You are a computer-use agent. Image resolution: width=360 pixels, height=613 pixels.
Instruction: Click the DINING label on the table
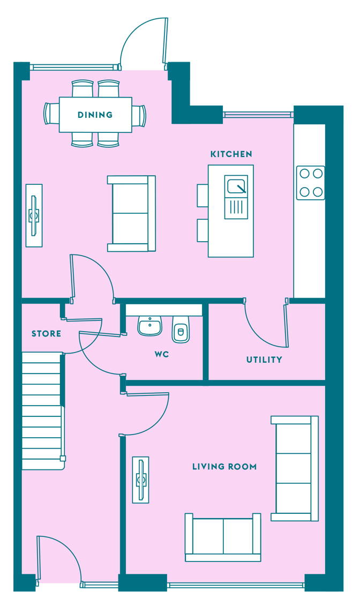point(95,115)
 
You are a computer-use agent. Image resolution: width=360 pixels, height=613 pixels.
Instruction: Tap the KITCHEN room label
point(231,154)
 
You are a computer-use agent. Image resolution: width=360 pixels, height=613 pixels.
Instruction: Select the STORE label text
point(46,333)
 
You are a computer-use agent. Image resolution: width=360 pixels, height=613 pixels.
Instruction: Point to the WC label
point(161,354)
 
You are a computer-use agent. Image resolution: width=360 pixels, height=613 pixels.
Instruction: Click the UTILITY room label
point(264,360)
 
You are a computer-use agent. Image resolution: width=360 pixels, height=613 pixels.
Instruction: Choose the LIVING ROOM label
point(224,466)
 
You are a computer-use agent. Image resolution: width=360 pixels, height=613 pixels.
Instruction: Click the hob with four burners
point(311,183)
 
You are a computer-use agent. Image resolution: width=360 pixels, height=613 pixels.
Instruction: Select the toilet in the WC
point(181,329)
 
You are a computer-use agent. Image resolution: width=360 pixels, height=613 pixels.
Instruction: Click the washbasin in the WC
point(149,326)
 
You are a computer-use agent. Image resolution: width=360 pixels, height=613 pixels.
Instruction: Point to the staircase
point(42,410)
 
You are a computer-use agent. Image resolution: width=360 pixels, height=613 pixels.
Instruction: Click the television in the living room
point(141,480)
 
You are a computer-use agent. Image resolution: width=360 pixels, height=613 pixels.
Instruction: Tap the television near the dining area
point(34,215)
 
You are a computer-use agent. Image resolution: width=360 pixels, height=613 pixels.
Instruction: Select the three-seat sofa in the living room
point(295,468)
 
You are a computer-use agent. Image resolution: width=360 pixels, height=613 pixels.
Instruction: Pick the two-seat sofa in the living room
point(223,537)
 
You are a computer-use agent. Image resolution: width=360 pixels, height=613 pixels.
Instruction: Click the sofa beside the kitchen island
point(131,213)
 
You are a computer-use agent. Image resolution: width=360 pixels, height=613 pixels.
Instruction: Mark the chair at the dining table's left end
point(51,114)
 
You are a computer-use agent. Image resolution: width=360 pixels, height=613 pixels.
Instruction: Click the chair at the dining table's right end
point(139,116)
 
